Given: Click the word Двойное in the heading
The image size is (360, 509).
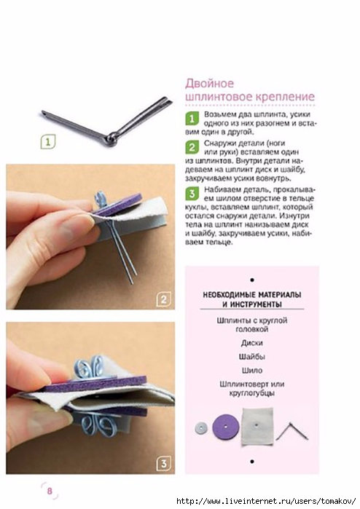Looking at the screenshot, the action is click(210, 84).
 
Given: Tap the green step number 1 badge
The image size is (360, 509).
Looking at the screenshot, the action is click(192, 119).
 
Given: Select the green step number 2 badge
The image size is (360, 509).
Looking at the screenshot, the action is click(192, 147).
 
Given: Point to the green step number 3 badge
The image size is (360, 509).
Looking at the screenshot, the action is click(192, 194).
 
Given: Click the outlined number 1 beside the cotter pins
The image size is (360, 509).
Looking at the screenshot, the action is click(48, 142).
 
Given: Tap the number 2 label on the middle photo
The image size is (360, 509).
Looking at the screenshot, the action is click(163, 299).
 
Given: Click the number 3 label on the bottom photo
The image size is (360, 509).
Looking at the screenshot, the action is click(163, 464).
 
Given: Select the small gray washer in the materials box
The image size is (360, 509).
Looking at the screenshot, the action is click(201, 428).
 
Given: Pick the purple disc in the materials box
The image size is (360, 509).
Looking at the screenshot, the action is click(226, 427).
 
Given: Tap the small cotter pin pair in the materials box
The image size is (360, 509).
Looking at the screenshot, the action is click(291, 430).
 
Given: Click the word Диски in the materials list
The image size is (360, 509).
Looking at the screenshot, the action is click(252, 343).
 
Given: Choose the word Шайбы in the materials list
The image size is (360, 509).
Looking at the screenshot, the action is click(252, 356).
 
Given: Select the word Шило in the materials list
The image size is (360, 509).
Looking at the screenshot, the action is click(252, 370).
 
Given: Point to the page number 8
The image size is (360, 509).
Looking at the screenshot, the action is click(50, 490).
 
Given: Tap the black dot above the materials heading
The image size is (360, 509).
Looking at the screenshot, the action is click(252, 280).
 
